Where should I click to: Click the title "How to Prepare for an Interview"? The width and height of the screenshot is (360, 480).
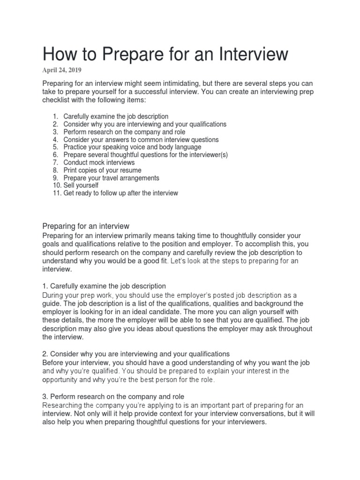(165, 54)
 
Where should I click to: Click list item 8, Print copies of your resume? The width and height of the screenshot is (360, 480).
(102, 170)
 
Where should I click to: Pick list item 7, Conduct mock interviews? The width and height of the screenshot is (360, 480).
(99, 162)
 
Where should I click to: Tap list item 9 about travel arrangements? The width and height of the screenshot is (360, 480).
(111, 178)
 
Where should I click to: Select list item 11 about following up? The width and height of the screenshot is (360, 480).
(120, 193)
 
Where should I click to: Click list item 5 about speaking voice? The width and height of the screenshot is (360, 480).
(132, 147)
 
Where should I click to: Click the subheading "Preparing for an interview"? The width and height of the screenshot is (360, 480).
(86, 226)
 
